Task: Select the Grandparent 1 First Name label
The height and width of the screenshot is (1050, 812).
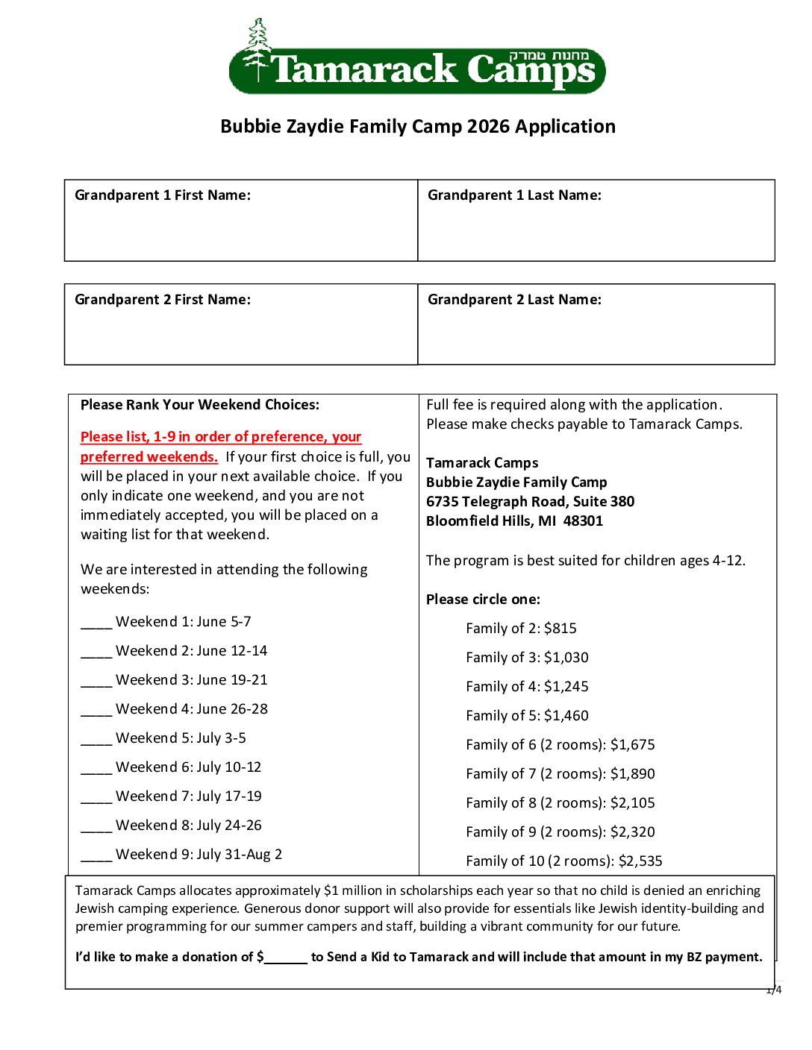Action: [163, 195]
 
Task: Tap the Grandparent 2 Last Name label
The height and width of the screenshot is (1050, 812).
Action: [514, 300]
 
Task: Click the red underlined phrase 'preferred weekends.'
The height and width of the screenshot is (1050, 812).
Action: [149, 457]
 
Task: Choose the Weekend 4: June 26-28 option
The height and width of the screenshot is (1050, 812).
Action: [192, 709]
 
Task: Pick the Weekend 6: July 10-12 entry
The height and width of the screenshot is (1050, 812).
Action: [189, 767]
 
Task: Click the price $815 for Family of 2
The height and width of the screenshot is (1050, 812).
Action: [560, 629]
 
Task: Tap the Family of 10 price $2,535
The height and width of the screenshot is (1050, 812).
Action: [640, 861]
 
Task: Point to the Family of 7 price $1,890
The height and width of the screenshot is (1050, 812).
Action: [633, 774]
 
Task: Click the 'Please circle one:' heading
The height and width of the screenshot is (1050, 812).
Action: [483, 600]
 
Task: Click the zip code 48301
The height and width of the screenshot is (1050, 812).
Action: [583, 521]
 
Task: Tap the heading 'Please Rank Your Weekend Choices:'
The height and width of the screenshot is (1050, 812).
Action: [200, 405]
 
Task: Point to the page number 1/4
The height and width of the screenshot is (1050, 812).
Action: [774, 990]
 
